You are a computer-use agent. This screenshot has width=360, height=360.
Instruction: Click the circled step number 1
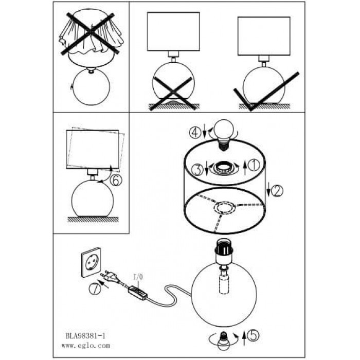pos(254,165)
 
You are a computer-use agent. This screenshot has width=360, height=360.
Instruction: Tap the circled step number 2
pos(277,191)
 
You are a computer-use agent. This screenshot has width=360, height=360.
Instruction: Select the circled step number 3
pos(197,170)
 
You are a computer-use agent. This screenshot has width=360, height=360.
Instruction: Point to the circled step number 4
pos(195,133)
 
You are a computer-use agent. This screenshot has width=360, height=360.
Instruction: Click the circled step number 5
pos(253,336)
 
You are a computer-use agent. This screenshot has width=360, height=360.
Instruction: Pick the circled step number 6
pos(116,181)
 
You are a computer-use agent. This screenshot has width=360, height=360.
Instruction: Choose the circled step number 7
pos(94,289)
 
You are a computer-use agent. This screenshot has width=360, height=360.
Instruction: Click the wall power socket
pos(91,262)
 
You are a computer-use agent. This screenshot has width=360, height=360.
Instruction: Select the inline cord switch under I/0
pos(137,293)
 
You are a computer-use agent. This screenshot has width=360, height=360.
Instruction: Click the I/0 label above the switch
pos(138,277)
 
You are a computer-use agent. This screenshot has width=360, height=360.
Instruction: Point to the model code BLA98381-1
pos(85,336)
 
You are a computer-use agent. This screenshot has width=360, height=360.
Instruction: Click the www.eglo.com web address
pos(86,346)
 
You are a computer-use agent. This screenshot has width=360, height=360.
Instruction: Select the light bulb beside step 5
pos(223,340)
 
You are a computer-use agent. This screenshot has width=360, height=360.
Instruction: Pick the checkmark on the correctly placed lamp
pos(266,92)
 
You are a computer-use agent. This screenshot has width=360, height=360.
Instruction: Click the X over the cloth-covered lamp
pos(90,34)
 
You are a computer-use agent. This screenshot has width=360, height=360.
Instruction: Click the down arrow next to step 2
pos(268,190)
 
